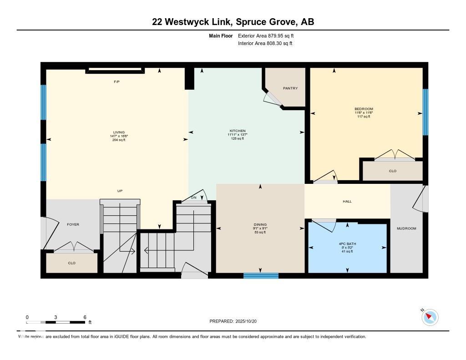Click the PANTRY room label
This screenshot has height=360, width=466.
coord(290,88)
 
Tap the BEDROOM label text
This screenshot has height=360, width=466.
coord(364,109)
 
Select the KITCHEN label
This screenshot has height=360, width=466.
coord(237,131)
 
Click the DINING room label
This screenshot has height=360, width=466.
coord(260,224)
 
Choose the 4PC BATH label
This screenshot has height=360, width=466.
coord(348,244)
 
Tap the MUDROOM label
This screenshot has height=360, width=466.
coord(406,228)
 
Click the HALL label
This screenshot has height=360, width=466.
coord(347,201)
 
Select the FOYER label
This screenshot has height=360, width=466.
coord(73,224)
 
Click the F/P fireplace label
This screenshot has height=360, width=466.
coord(116,81)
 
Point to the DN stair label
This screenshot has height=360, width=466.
coord(193,198)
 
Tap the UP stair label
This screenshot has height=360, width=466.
coord(120,191)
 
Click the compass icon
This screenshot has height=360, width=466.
coord(430,317)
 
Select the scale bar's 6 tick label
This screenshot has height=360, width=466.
coord(85,317)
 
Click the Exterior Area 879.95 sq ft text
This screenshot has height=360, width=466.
coord(269,35)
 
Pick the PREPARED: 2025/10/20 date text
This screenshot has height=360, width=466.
coord(236,321)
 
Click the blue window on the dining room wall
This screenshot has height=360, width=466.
coord(261,275)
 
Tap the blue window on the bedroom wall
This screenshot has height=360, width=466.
coord(425,112)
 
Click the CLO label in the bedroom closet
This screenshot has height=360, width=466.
coord(393,171)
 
